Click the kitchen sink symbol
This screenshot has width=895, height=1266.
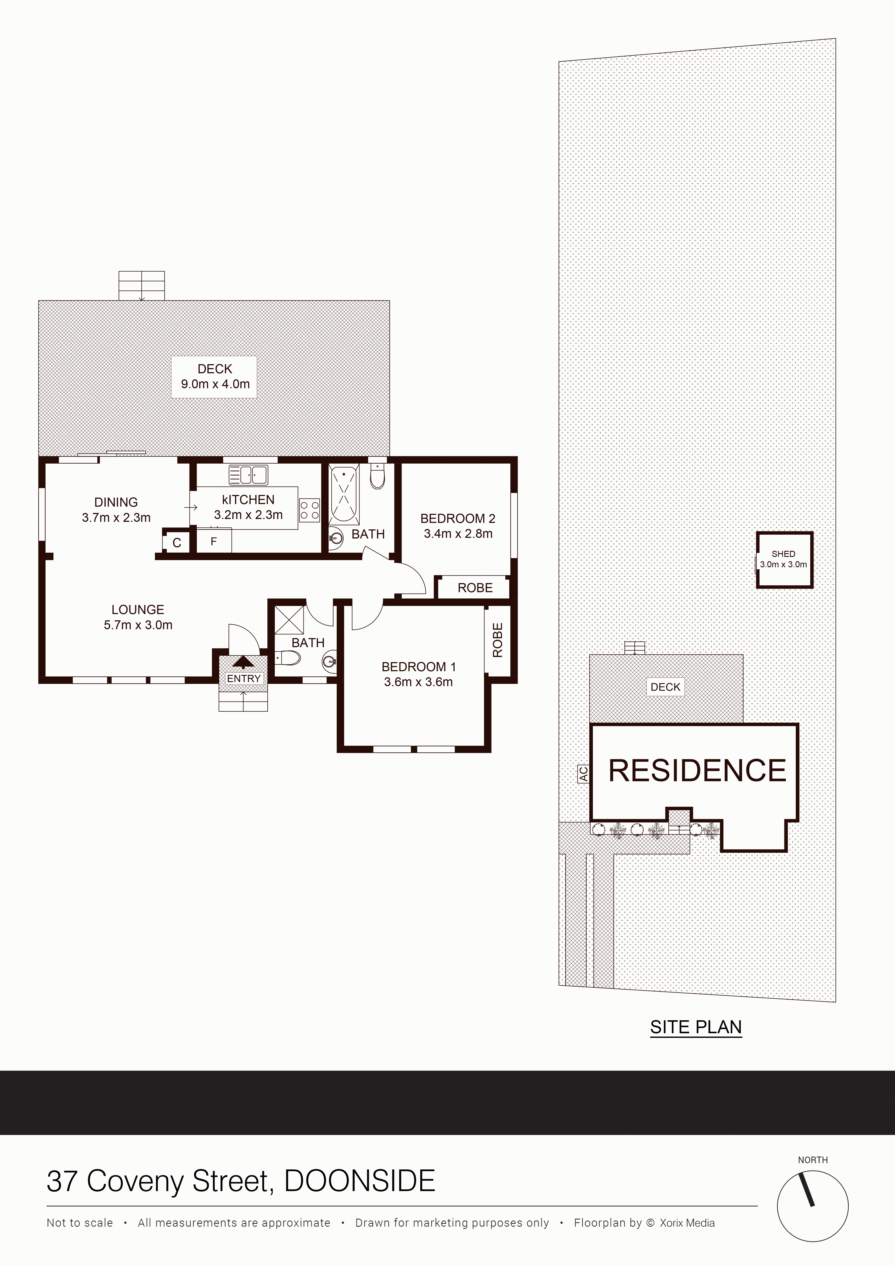(248, 475)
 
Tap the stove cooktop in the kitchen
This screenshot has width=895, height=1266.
(309, 510)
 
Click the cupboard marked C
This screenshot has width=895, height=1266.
(177, 542)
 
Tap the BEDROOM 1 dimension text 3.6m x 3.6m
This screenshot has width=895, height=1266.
(418, 682)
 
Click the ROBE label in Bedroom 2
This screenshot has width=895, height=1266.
(475, 588)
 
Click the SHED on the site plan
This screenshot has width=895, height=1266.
(784, 560)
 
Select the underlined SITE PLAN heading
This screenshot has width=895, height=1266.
(696, 1027)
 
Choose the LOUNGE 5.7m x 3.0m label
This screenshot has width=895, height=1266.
(138, 617)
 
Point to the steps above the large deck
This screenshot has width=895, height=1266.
(142, 286)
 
